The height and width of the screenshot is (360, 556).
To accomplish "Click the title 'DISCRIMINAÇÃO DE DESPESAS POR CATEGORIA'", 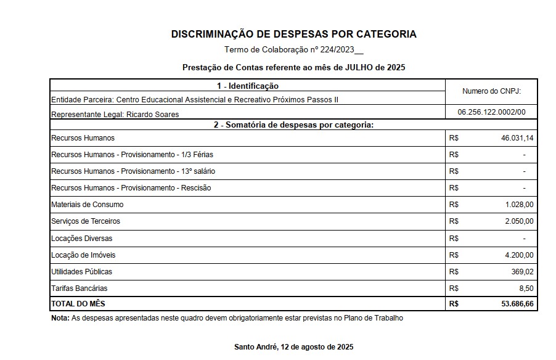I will pos(293,35).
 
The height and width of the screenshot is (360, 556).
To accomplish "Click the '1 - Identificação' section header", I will pos(247,86).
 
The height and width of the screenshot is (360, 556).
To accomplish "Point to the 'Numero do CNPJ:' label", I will pos(491,91).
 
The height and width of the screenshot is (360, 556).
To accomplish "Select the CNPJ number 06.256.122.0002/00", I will pos(491,113).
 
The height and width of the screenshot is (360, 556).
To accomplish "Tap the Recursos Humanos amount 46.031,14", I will pos(517,138).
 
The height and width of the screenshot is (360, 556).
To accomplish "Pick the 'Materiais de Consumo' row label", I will pos(87,205).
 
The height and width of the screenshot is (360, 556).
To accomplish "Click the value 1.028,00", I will pos(519,205).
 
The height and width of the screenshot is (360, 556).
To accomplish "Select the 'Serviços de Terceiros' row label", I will pos(86,221).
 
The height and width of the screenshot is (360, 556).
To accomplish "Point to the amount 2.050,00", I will pos(519,221).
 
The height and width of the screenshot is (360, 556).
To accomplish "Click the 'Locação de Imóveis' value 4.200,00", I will pos(519,255).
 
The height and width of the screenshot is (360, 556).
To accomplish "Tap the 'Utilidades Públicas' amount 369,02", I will pos(522,272).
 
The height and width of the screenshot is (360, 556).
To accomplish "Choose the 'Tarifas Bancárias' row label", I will pos(79,288).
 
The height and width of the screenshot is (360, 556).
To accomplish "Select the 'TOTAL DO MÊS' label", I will pos(78,304).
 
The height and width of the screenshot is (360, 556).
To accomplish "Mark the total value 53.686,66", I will pos(517,304).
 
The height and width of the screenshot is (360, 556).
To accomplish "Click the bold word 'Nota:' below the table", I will pos(60,318).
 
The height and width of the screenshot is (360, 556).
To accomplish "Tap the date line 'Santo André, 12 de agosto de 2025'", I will pos(293,347).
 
